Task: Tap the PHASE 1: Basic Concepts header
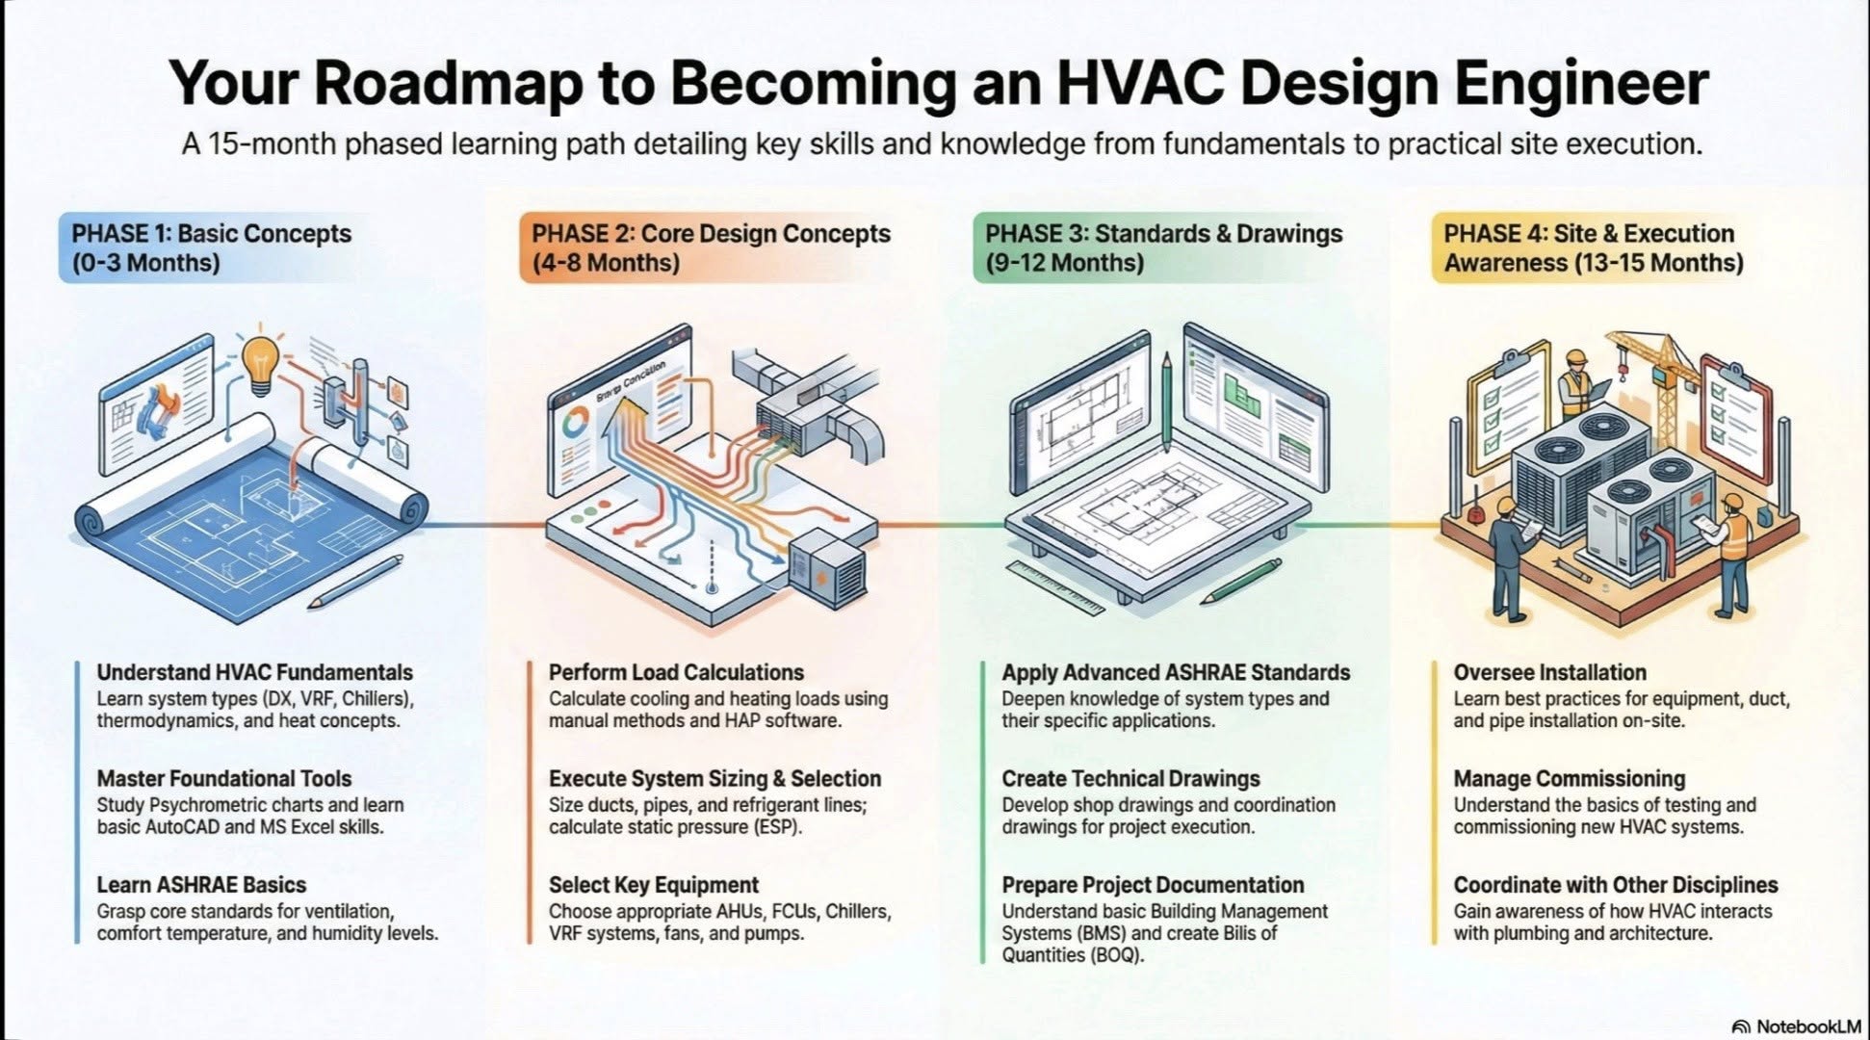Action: [x=211, y=247]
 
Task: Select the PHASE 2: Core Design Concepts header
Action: [x=711, y=247]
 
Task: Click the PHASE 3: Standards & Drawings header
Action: [x=1162, y=247]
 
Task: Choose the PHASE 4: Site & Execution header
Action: [x=1593, y=247]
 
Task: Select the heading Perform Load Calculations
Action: [x=676, y=672]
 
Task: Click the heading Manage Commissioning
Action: [x=1569, y=778]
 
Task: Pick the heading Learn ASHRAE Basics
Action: [x=201, y=884]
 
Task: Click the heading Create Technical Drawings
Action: [x=1130, y=778]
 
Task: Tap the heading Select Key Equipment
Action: [x=654, y=884]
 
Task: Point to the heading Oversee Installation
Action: [x=1549, y=672]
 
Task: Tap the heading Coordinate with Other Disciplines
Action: [x=1615, y=884]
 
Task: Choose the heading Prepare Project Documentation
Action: [x=1153, y=884]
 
